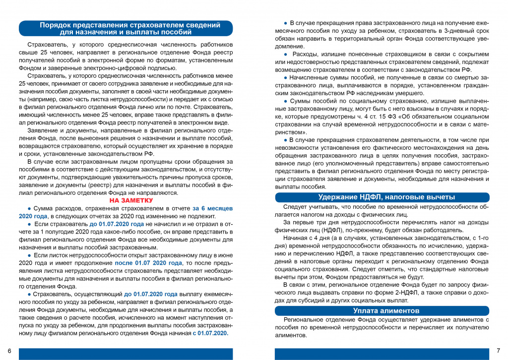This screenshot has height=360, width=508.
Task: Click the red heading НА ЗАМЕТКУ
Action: click(x=131, y=201)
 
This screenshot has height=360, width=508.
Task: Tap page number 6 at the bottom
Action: click(x=9, y=351)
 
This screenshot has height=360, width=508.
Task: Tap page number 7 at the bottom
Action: click(x=499, y=351)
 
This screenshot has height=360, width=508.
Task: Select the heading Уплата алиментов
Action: click(x=382, y=311)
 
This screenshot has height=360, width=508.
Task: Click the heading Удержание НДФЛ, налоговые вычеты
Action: click(x=382, y=197)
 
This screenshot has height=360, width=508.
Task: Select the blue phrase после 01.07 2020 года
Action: click(x=148, y=263)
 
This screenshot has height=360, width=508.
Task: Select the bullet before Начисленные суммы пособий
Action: click(x=285, y=78)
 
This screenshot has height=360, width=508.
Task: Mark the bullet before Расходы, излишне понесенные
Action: click(x=285, y=54)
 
